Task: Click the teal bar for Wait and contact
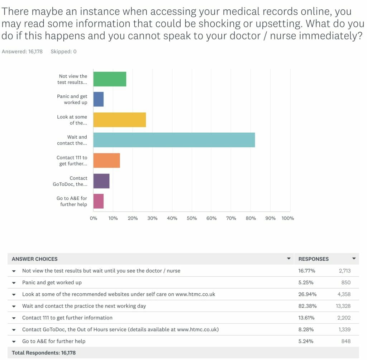(174, 140)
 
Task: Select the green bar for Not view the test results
(110, 79)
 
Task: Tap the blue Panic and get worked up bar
(99, 99)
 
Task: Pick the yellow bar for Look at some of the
(120, 120)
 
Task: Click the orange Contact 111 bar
(107, 160)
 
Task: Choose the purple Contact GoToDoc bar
(101, 181)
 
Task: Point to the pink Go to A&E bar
(99, 201)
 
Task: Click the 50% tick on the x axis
(192, 218)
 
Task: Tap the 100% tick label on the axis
(288, 218)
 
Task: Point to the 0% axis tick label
(94, 218)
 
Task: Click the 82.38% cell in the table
(308, 306)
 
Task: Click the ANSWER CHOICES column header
(34, 259)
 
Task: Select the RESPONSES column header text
(313, 259)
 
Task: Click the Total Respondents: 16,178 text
(44, 353)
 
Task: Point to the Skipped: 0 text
(63, 52)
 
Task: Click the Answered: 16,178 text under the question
(22, 52)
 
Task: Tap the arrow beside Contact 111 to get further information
(14, 318)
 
